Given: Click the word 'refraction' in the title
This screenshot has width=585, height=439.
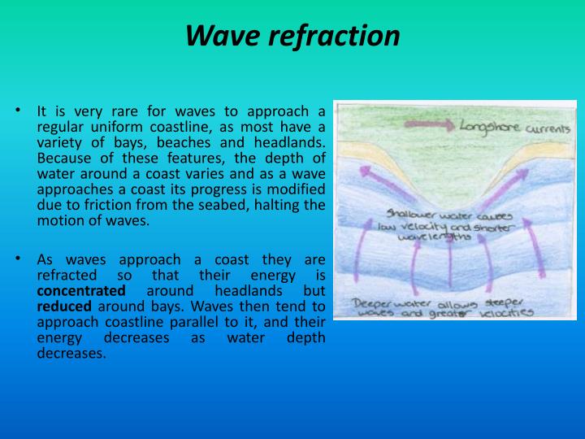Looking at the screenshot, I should coord(333,36).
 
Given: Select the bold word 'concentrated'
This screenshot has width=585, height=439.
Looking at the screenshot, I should coord(81,290).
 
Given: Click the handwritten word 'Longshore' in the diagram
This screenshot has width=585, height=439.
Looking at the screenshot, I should coord(490,128).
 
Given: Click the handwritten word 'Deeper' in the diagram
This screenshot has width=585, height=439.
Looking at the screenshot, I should coord(375,302).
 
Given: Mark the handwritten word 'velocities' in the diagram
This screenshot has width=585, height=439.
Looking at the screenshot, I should coord(505,312).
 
